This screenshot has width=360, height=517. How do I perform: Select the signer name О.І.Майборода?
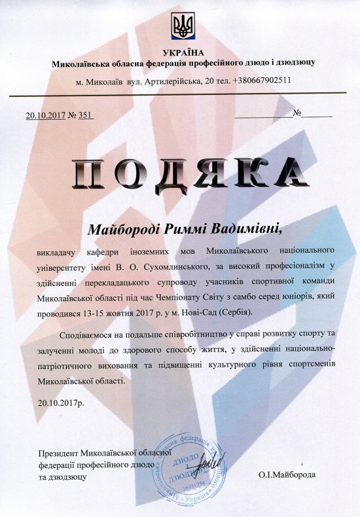pos(286,476)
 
